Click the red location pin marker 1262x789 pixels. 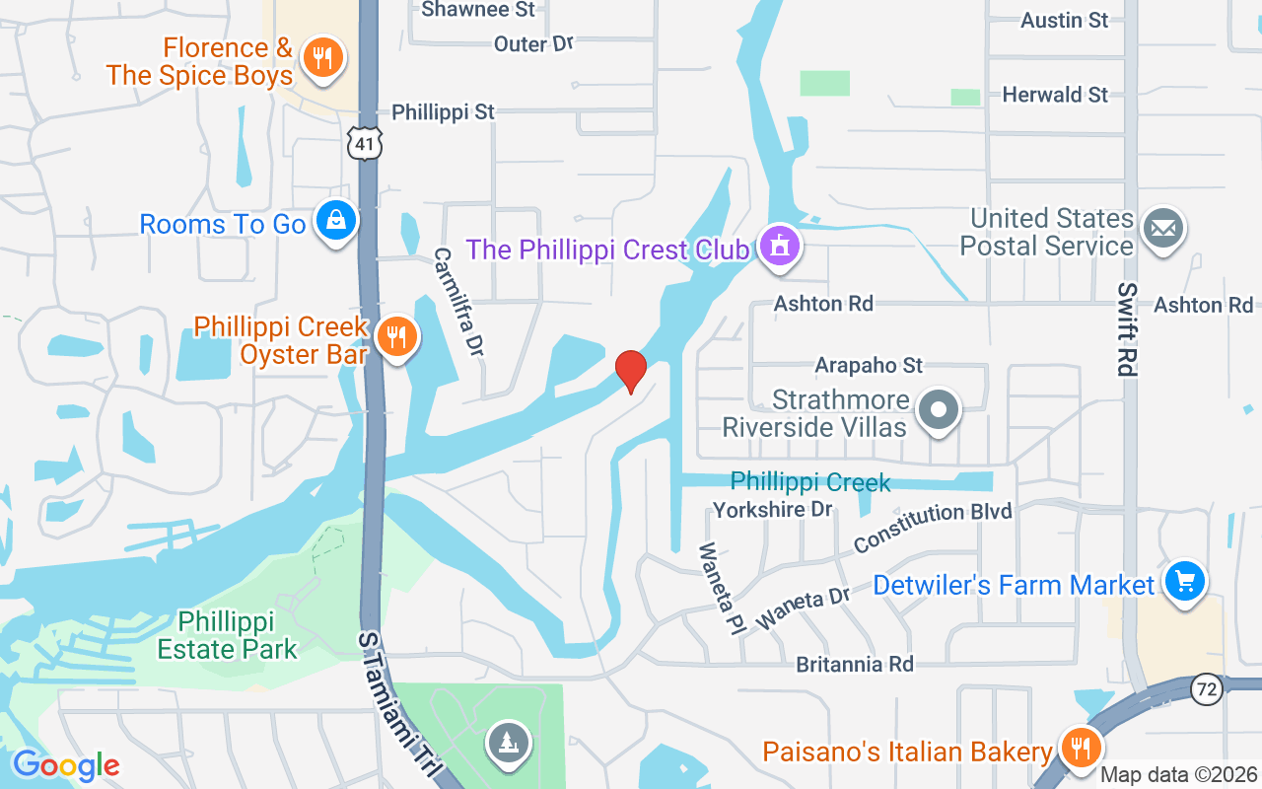tap(631, 371)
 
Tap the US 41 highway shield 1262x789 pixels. tap(364, 144)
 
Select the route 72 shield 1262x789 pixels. tap(1206, 689)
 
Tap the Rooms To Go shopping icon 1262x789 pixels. tap(336, 222)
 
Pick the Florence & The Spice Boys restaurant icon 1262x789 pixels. tap(321, 57)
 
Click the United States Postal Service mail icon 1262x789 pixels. tap(1163, 229)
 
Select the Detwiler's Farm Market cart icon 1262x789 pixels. tap(1184, 582)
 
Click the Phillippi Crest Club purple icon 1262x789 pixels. tap(781, 246)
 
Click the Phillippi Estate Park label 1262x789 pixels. tap(228, 635)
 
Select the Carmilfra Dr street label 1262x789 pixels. tap(460, 302)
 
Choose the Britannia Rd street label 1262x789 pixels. tap(855, 664)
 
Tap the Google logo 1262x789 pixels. tap(66, 764)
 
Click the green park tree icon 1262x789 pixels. tap(509, 742)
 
